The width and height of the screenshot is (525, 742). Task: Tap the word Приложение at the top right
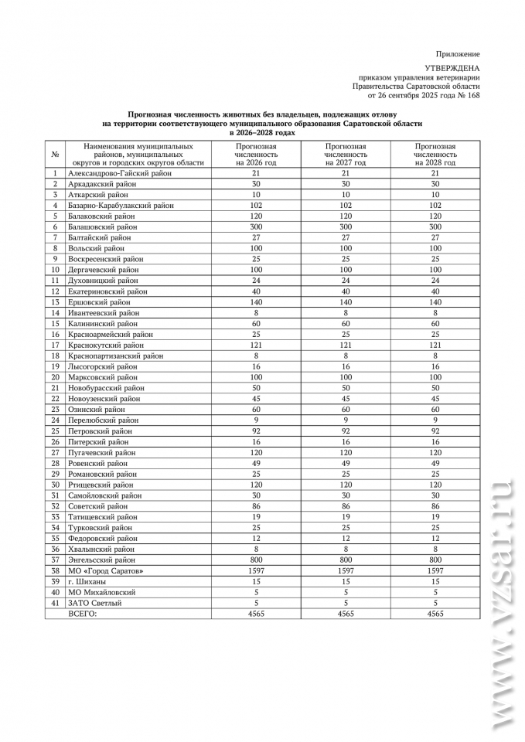point(458,54)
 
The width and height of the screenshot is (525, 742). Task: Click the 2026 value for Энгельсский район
point(256,560)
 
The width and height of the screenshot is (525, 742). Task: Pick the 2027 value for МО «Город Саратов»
point(346,570)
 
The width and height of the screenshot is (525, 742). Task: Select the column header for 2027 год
point(346,155)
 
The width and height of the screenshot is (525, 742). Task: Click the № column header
point(55,155)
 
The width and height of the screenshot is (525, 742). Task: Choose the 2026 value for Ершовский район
point(256,303)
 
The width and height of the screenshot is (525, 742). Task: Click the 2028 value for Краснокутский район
point(435,345)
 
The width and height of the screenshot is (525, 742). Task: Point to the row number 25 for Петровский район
point(55,431)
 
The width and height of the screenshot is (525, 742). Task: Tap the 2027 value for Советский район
point(346,506)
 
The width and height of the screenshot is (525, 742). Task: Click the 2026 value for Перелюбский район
point(256,420)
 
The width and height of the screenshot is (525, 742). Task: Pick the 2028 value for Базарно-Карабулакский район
point(435,206)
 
